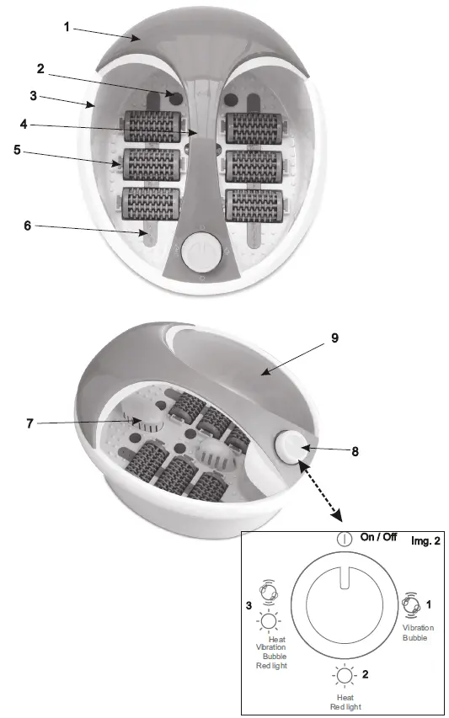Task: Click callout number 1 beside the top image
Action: pos(67,28)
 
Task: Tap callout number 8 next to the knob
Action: pos(355,451)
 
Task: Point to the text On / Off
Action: pos(378,538)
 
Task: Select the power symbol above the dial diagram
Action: pos(344,539)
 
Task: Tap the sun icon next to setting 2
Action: pos(345,675)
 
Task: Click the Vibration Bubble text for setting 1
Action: pos(418,633)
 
